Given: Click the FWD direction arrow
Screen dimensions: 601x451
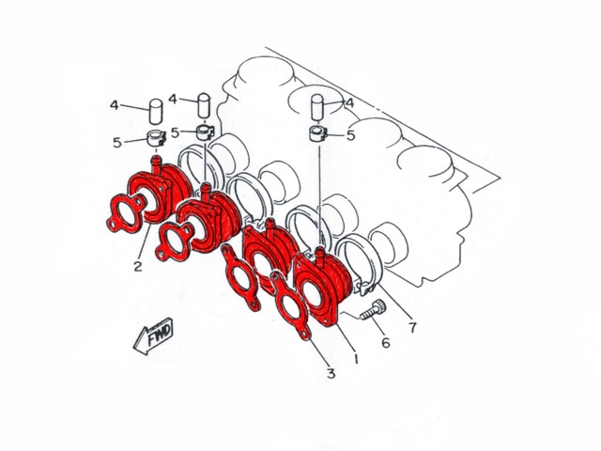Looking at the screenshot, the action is coord(153,336).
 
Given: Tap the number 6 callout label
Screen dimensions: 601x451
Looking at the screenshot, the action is coord(386,342).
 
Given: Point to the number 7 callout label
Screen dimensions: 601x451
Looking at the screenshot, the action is coord(412,328).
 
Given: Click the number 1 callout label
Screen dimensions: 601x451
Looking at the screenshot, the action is coord(356,358).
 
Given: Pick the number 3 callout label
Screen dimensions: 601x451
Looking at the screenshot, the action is coord(331,373).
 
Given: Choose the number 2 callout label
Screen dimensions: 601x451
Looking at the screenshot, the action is coord(138,266).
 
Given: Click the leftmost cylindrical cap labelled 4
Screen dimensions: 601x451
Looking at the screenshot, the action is coord(156,111).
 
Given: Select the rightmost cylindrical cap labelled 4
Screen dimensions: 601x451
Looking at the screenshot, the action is coord(317,107).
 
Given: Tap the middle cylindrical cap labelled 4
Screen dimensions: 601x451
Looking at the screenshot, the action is coord(204,105).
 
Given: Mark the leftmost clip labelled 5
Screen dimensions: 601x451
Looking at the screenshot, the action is coord(157,138).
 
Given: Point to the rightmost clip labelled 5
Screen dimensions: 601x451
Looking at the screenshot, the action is coord(317,133).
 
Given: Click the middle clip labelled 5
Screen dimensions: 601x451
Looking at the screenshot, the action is coord(205,132).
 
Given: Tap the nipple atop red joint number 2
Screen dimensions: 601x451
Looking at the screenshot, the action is coord(156,163).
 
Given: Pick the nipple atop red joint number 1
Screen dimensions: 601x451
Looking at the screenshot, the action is coord(319,257).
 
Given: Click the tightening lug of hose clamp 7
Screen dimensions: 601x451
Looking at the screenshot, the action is coord(367,288).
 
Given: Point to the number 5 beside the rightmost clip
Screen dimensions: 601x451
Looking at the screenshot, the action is coord(350,135).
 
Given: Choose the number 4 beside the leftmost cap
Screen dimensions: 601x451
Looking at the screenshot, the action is coord(115,104).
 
